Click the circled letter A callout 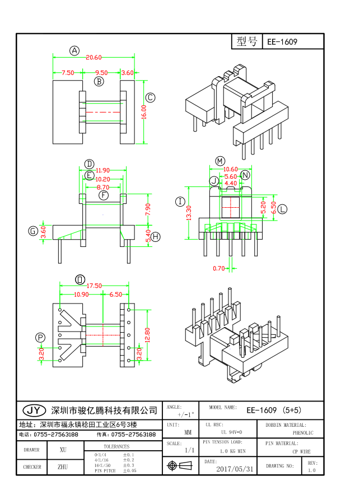pyautogui.click(x=74, y=50)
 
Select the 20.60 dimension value pyautogui.click(x=93, y=58)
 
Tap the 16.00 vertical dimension pyautogui.click(x=144, y=112)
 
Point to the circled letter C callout pyautogui.click(x=150, y=97)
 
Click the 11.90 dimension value pyautogui.click(x=102, y=171)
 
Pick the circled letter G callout pyautogui.click(x=34, y=231)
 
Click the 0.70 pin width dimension pyautogui.click(x=218, y=268)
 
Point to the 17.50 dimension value pyautogui.click(x=93, y=286)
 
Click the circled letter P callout pyautogui.click(x=40, y=337)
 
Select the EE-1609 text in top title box pyautogui.click(x=282, y=42)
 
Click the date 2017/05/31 pyautogui.click(x=235, y=469)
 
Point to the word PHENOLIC pyautogui.click(x=303, y=433)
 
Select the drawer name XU pyautogui.click(x=63, y=450)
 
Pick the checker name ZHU pyautogui.click(x=63, y=466)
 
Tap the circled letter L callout pyautogui.click(x=282, y=209)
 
